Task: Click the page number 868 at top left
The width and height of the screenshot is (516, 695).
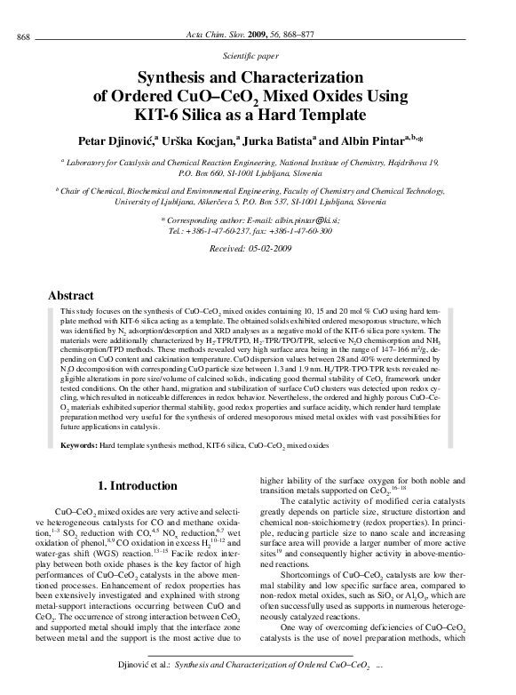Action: click(x=24, y=35)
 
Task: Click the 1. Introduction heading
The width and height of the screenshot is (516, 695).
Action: click(x=137, y=486)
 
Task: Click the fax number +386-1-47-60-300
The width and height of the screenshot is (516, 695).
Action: click(x=306, y=230)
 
